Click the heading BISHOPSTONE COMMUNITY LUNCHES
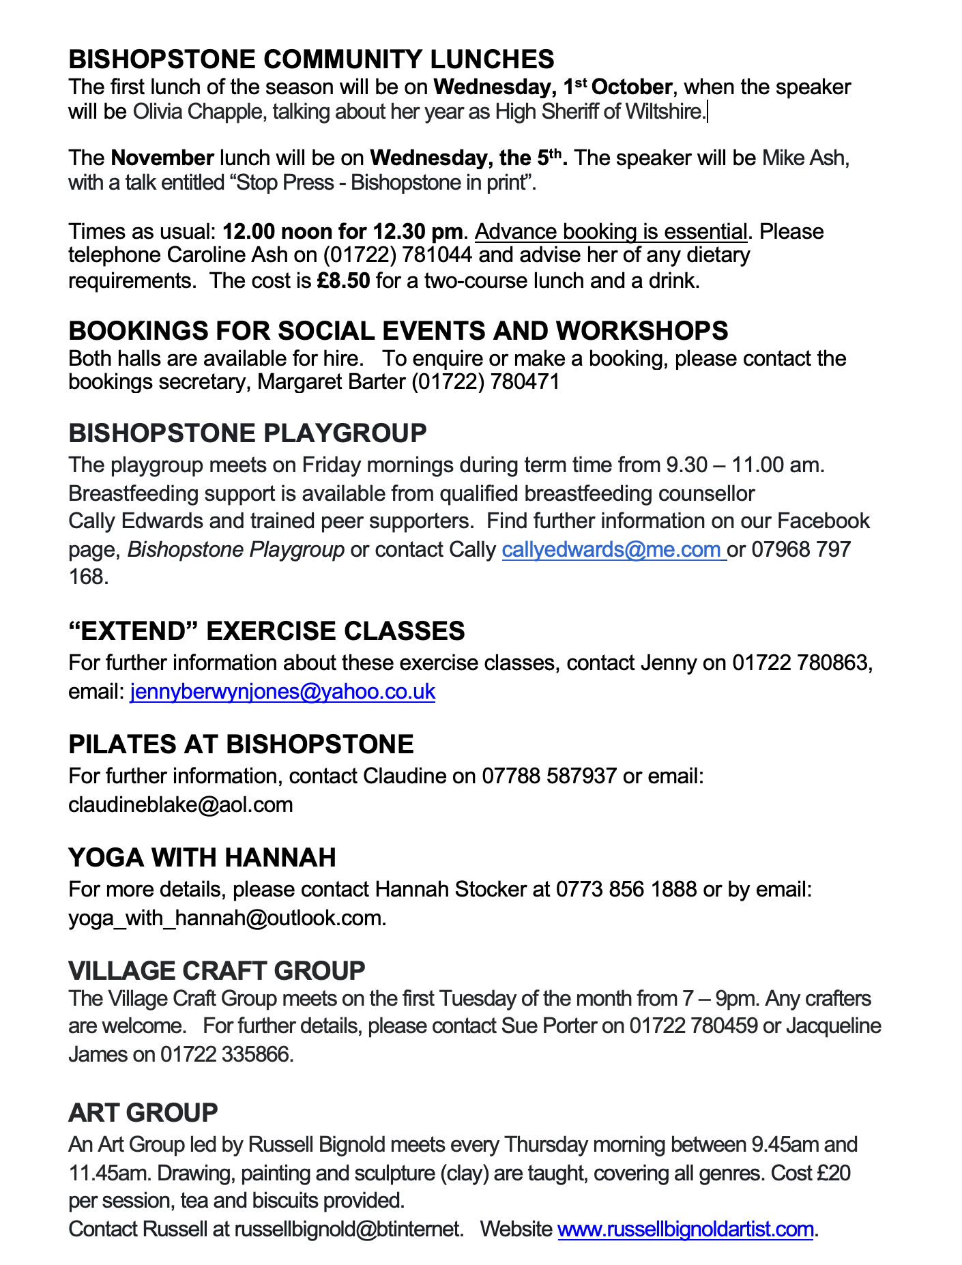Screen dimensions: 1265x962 tap(311, 59)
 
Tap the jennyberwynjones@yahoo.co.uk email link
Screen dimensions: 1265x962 tap(282, 691)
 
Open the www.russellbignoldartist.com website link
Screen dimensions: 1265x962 tap(686, 1229)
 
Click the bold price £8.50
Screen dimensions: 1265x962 tap(343, 280)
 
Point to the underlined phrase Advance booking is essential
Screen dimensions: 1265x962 tap(611, 231)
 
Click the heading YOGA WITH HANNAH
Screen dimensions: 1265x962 tap(202, 857)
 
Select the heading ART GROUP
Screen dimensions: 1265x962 tap(143, 1112)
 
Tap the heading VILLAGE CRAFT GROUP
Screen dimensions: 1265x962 tap(216, 970)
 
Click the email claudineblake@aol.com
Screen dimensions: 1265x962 tap(180, 804)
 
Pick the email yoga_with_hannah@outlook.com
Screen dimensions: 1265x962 tap(227, 918)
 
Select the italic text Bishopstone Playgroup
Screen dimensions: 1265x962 tap(235, 549)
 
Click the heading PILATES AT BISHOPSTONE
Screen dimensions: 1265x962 tap(241, 744)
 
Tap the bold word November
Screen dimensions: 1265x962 tap(162, 158)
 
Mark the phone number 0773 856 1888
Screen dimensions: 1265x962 tap(626, 889)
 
